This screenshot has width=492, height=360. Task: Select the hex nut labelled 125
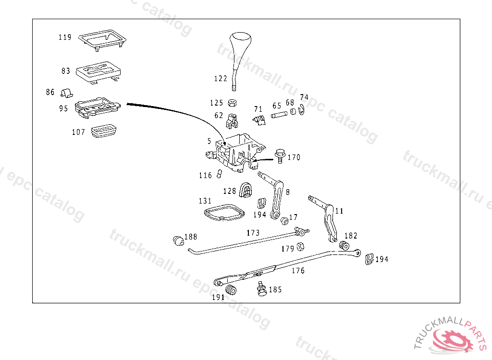(x=232, y=103)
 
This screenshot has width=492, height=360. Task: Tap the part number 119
(x=65, y=37)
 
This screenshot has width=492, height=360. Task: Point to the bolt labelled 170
(x=280, y=156)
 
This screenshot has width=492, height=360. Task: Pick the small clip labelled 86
(x=66, y=93)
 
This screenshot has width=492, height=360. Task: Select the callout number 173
(x=253, y=233)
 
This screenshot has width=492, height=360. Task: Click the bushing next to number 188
(x=178, y=240)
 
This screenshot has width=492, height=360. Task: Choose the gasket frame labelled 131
(x=224, y=213)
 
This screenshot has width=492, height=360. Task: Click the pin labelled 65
(x=279, y=114)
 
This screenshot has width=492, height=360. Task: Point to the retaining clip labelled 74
(x=302, y=109)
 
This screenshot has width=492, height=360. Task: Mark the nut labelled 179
(x=300, y=247)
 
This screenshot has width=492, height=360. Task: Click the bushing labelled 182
(x=344, y=245)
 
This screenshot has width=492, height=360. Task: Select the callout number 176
(x=298, y=270)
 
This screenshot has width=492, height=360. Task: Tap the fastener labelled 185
(x=261, y=288)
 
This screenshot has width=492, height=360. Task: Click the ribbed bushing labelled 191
(x=231, y=290)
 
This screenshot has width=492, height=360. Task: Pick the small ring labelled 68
(x=293, y=111)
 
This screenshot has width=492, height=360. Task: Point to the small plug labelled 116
(x=219, y=174)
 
